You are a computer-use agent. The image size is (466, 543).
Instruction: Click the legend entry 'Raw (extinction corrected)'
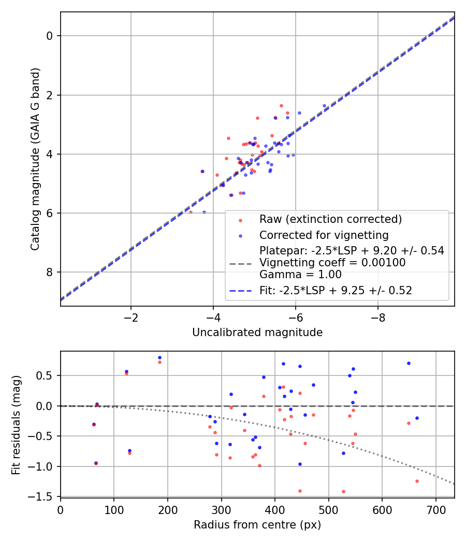330,219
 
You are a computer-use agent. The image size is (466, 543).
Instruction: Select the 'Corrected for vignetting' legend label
324,235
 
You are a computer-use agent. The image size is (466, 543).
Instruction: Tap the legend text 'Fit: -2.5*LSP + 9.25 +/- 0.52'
336,291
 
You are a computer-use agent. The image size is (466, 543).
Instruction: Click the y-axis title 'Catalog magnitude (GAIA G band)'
35,159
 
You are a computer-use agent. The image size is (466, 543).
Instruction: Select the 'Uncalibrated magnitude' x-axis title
257,333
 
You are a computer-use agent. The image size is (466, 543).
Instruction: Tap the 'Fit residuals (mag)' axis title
17,424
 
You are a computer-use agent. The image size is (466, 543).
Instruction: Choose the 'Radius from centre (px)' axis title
257,525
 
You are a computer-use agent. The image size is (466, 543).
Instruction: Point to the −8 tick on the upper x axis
377,316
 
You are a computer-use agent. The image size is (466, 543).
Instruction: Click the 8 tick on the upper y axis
50,273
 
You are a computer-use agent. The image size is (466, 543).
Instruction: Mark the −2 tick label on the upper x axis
130,316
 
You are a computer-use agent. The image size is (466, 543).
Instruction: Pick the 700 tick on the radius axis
436,509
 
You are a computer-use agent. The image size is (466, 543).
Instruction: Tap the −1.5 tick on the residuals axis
43,496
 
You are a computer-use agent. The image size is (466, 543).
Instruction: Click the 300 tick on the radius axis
221,509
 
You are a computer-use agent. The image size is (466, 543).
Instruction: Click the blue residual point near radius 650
409,363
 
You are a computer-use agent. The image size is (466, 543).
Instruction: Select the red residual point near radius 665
417,481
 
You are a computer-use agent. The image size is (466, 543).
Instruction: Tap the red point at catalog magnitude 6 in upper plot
191,212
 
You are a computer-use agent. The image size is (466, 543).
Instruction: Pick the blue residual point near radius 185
159,357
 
